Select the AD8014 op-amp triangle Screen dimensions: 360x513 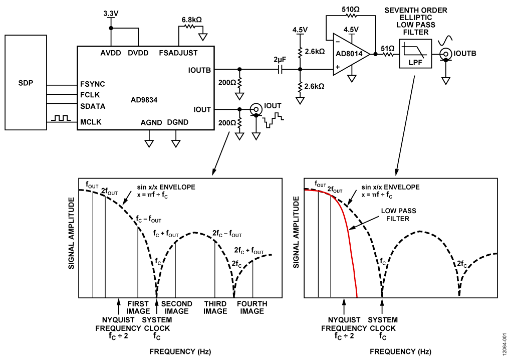[x=351, y=55]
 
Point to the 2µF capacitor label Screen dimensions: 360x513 [x=280, y=60]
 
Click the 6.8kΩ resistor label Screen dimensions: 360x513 [x=191, y=20]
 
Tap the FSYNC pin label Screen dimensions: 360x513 [x=93, y=84]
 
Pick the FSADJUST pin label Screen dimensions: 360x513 [x=178, y=53]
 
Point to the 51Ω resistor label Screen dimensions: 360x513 [x=388, y=48]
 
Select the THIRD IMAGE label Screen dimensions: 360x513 [x=215, y=307]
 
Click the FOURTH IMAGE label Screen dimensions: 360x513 [x=251, y=307]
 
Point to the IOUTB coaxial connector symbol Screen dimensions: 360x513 [x=445, y=54]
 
